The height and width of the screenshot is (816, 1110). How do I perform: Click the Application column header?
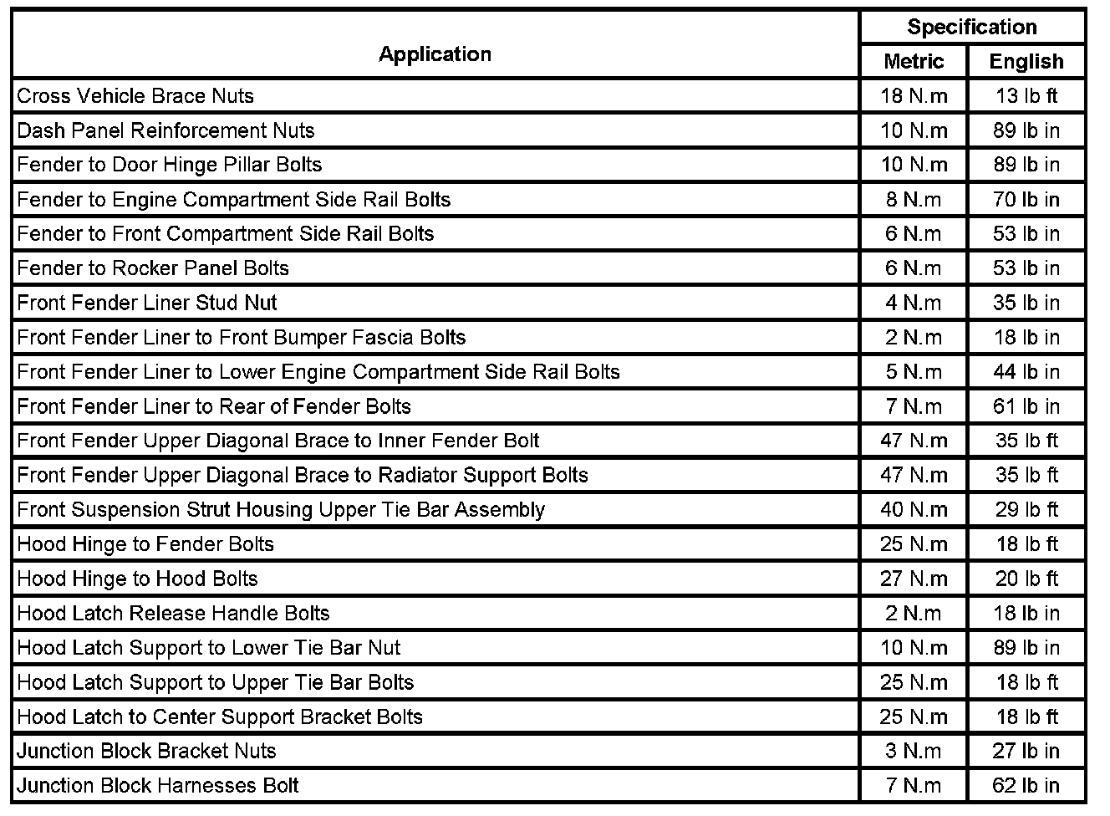tap(435, 54)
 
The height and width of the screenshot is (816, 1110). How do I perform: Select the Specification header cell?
tap(972, 27)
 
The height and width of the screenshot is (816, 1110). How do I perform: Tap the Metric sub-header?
tap(914, 62)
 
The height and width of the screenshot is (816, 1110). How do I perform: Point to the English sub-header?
tap(1026, 62)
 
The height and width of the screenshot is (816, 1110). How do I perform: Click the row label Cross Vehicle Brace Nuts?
tap(135, 96)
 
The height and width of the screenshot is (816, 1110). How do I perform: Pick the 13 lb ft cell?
tap(1026, 96)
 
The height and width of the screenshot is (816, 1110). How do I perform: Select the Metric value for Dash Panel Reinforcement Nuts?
tap(914, 130)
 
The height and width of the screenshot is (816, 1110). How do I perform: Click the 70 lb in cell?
tap(1026, 200)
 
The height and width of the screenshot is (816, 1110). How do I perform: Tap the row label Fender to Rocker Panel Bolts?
tap(153, 268)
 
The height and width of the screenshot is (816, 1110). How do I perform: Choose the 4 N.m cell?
tap(914, 303)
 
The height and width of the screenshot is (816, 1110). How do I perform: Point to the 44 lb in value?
tap(1026, 372)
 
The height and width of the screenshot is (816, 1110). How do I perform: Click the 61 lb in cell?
tap(1026, 407)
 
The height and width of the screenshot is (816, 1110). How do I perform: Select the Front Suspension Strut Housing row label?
tap(281, 510)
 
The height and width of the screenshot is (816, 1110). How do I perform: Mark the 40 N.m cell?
tap(914, 510)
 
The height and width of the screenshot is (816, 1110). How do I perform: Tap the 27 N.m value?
tap(914, 579)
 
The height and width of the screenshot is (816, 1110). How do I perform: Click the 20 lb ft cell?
tap(1026, 579)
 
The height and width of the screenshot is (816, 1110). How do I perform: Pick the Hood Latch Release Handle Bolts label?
tap(173, 614)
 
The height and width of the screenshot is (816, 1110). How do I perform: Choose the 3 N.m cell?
tap(914, 751)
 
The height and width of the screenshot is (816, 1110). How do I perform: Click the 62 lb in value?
tap(1026, 786)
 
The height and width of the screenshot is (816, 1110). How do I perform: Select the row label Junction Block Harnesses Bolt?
tap(158, 786)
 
